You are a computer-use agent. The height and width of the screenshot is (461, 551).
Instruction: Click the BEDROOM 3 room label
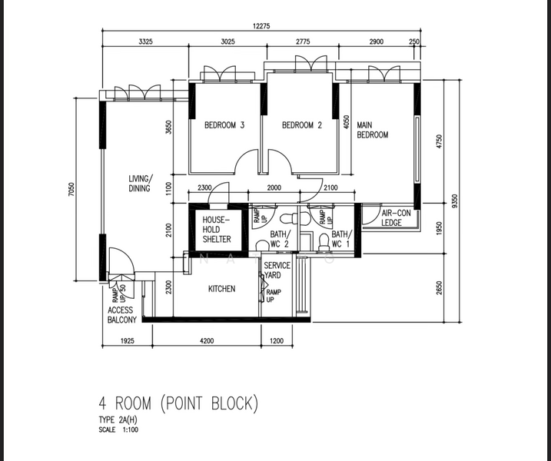[x=224, y=125]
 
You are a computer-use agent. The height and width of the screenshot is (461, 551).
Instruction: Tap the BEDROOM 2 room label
[x=301, y=125]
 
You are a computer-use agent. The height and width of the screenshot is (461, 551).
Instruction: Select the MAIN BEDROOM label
[x=372, y=130]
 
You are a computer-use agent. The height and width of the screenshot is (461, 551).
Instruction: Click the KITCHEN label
[x=221, y=289]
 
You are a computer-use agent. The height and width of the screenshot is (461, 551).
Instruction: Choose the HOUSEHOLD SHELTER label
[x=216, y=230]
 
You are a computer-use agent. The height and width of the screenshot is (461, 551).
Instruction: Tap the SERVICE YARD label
[x=277, y=270]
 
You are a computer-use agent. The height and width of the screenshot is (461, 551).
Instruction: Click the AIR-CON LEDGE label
[x=391, y=217]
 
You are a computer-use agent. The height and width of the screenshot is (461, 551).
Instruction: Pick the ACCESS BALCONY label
[x=121, y=315]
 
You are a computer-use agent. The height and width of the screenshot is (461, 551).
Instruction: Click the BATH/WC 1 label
[x=341, y=239]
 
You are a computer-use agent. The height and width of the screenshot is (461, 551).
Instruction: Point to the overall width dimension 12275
[x=264, y=25]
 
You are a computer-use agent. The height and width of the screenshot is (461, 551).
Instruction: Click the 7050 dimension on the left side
[x=71, y=189]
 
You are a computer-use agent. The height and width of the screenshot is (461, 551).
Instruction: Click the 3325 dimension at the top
[x=147, y=41]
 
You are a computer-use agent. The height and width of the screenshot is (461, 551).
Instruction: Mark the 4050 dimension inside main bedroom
[x=347, y=124]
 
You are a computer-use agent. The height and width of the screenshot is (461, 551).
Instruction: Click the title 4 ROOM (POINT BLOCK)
[x=178, y=403]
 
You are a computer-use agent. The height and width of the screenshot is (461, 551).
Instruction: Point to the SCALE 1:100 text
[x=118, y=429]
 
